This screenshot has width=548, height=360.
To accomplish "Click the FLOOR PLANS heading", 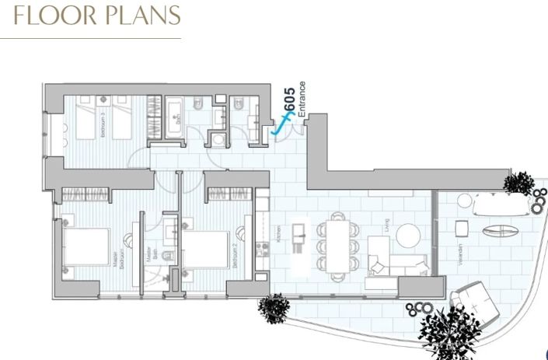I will click(x=92, y=16).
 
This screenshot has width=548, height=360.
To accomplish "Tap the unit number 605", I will click(x=288, y=101).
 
